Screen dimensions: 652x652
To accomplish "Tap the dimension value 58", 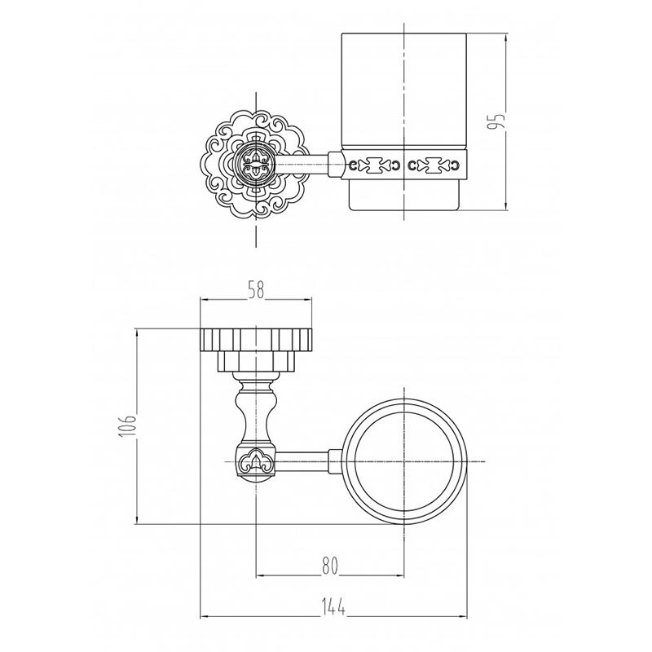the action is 256,290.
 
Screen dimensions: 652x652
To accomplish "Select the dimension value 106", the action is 128,425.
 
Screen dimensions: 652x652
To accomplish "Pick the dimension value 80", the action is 330,566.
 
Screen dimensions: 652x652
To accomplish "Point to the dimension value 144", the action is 334,607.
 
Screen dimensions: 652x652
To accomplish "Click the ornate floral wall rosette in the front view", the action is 255,164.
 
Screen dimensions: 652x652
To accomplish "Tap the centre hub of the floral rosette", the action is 255,164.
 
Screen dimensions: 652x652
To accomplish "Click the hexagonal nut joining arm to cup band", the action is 335,164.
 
